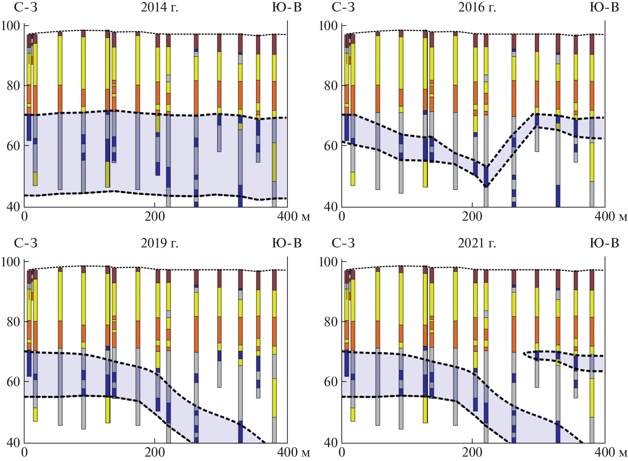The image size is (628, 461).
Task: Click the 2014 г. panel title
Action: coord(159,7)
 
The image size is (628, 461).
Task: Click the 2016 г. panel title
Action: coord(477,7)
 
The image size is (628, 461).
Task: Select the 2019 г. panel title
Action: coord(159,243)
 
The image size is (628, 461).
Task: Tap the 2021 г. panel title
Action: coord(477,243)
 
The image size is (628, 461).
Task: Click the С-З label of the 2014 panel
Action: coord(26,7)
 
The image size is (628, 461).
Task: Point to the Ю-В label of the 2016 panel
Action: coord(604,7)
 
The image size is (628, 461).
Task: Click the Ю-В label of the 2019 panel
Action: coord(287,243)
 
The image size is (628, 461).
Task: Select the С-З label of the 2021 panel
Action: coord(343,243)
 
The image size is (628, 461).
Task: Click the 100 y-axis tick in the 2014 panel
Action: coord(11,26)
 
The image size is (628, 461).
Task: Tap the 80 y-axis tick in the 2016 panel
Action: coord(331,86)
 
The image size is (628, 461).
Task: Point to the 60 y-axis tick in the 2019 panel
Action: coord(13,381)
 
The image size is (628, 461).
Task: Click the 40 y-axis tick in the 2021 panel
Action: coord(331,442)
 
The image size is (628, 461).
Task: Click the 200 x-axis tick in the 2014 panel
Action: coord(154,216)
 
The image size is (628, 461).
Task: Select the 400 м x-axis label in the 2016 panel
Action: coord(611,216)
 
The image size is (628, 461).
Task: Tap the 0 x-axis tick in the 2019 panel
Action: coord(24,452)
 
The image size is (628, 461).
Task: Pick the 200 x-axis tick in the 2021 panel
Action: coord(472,452)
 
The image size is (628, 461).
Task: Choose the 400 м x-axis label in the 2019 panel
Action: coord(293,452)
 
